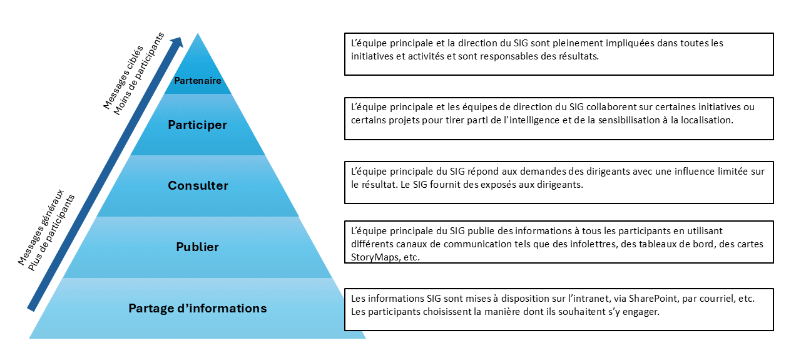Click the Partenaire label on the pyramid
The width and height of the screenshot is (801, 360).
(x=197, y=81)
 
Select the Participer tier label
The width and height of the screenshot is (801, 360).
(x=197, y=125)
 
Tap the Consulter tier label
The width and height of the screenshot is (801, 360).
(x=198, y=185)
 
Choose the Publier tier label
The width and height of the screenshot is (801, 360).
(x=198, y=247)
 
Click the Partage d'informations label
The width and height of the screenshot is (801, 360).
(x=198, y=308)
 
